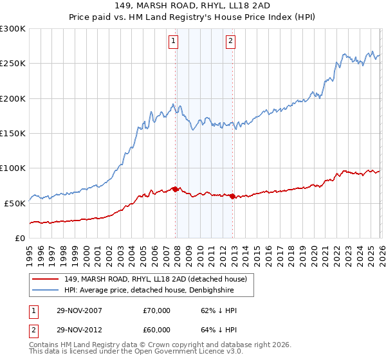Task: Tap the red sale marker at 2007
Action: [x=175, y=189]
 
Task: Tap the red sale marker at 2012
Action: [x=232, y=196]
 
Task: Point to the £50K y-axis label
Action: [x=15, y=203]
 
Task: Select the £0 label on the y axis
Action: [x=19, y=238]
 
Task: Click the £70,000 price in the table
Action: [x=157, y=310]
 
